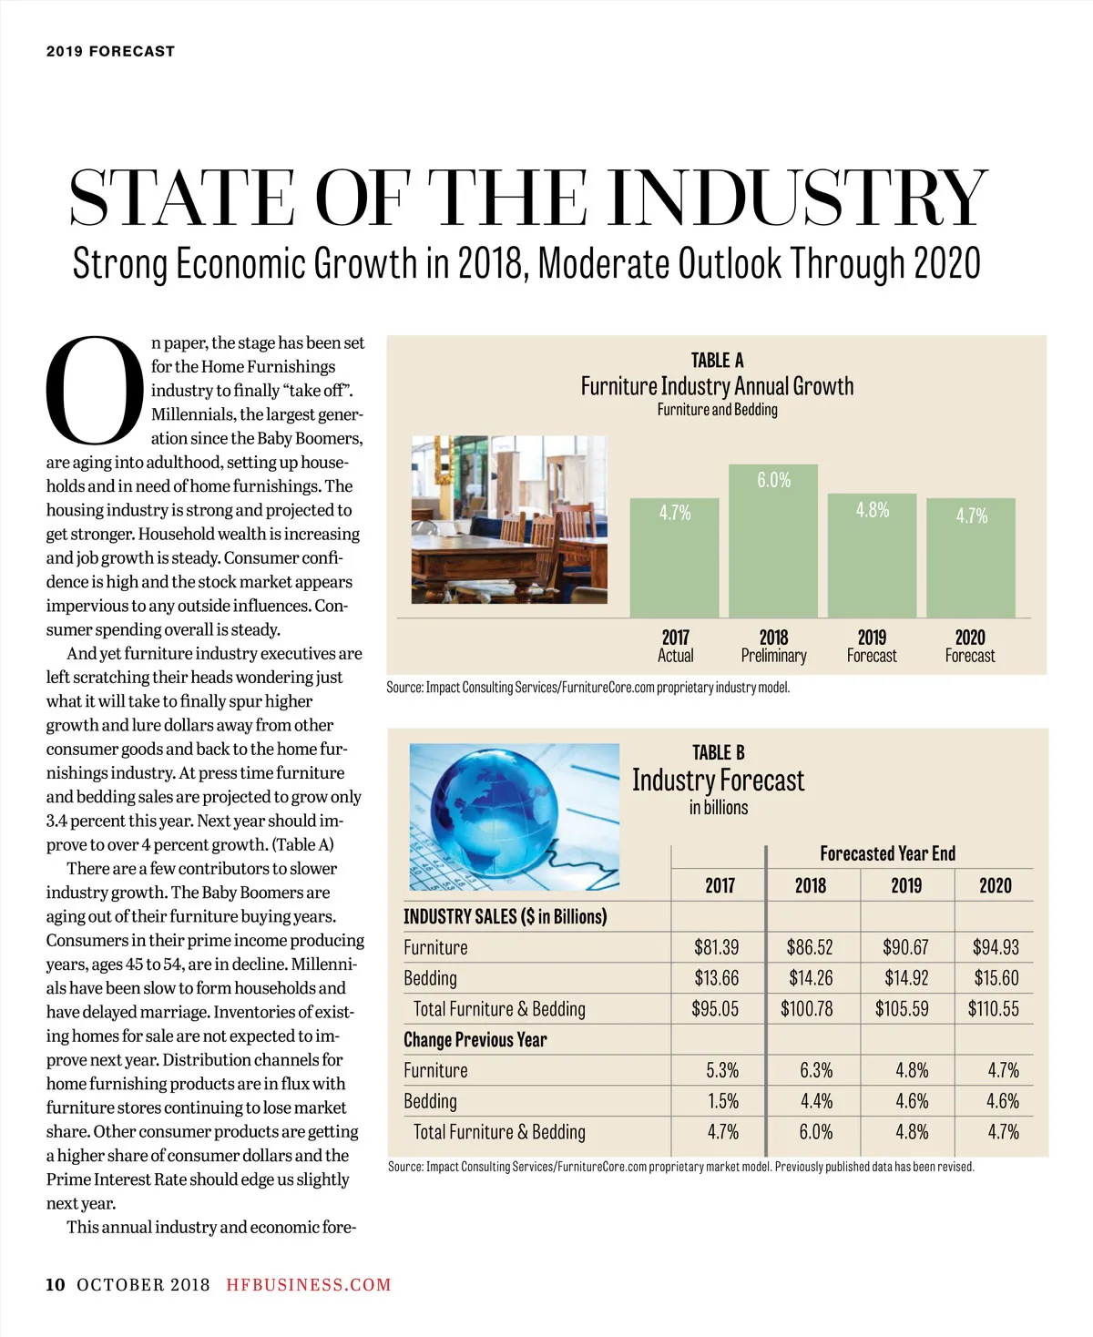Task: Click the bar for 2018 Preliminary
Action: pos(773,542)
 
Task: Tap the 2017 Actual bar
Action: pos(675,557)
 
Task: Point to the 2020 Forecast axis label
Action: pos(970,646)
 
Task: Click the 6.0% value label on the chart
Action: pos(773,480)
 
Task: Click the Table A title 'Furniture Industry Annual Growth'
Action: pos(717,386)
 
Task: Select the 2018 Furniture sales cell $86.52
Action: pos(810,947)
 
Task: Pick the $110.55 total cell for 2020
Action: pos(993,1009)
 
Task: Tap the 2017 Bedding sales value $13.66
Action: pos(716,978)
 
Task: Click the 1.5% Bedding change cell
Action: pos(723,1101)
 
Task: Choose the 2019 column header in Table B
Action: pos(905,885)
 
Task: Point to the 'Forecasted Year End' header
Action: pos(887,853)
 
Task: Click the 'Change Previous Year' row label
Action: pos(475,1040)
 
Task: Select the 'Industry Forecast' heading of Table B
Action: pos(718,781)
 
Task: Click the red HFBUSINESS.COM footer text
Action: pos(309,1285)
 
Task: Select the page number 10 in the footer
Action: pos(56,1285)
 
